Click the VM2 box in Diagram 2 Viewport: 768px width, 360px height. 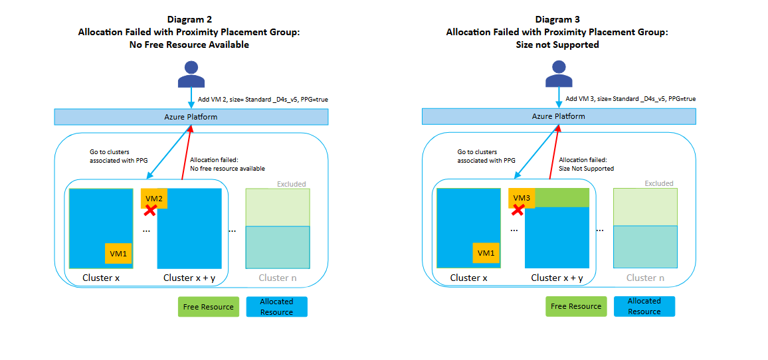(154, 197)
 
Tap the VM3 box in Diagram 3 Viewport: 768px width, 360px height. (522, 197)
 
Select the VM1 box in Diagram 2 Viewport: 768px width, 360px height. (118, 253)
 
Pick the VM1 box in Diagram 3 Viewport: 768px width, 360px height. (486, 253)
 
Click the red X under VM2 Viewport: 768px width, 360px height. (151, 211)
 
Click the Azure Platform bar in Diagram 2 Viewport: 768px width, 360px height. (191, 117)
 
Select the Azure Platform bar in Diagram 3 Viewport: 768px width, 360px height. (559, 117)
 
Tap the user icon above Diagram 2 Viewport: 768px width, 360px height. (191, 74)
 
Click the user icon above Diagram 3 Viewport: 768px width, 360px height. (559, 74)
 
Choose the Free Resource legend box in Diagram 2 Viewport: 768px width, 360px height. (208, 307)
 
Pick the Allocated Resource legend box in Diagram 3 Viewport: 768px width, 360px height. (644, 306)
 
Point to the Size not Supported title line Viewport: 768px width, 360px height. (557, 45)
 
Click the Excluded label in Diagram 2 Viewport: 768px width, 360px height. (292, 183)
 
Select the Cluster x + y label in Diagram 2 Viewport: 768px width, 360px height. (189, 278)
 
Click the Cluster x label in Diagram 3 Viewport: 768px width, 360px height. (468, 278)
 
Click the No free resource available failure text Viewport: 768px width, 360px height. (227, 169)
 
